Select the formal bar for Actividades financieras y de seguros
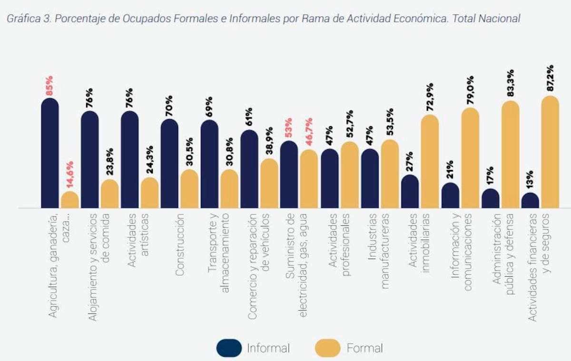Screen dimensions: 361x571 [550, 152]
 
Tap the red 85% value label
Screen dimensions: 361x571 [49, 85]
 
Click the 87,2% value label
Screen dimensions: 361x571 [550, 79]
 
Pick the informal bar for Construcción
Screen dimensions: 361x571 [169, 164]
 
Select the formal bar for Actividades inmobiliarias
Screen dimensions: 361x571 [430, 162]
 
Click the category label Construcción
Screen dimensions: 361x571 [179, 245]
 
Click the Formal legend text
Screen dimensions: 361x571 [364, 348]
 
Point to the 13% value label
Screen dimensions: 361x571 [530, 180]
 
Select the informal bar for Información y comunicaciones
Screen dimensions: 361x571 [450, 196]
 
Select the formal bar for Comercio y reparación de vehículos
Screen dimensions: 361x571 [269, 184]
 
